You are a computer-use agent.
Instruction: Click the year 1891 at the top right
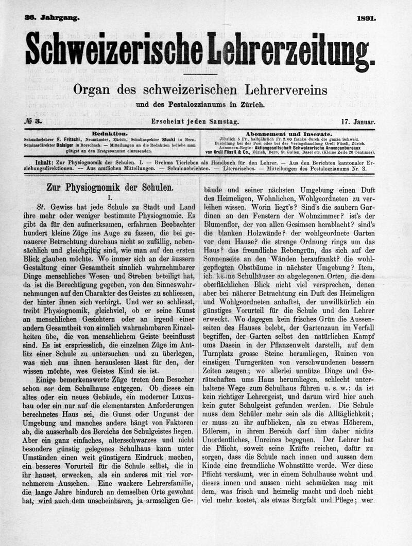tap(366, 18)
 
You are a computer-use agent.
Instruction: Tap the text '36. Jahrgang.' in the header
tap(51, 18)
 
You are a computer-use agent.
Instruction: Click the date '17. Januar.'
tap(358, 122)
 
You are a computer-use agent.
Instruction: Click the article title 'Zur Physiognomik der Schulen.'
tap(110, 188)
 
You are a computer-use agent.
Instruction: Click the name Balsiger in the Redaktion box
tap(80, 145)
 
